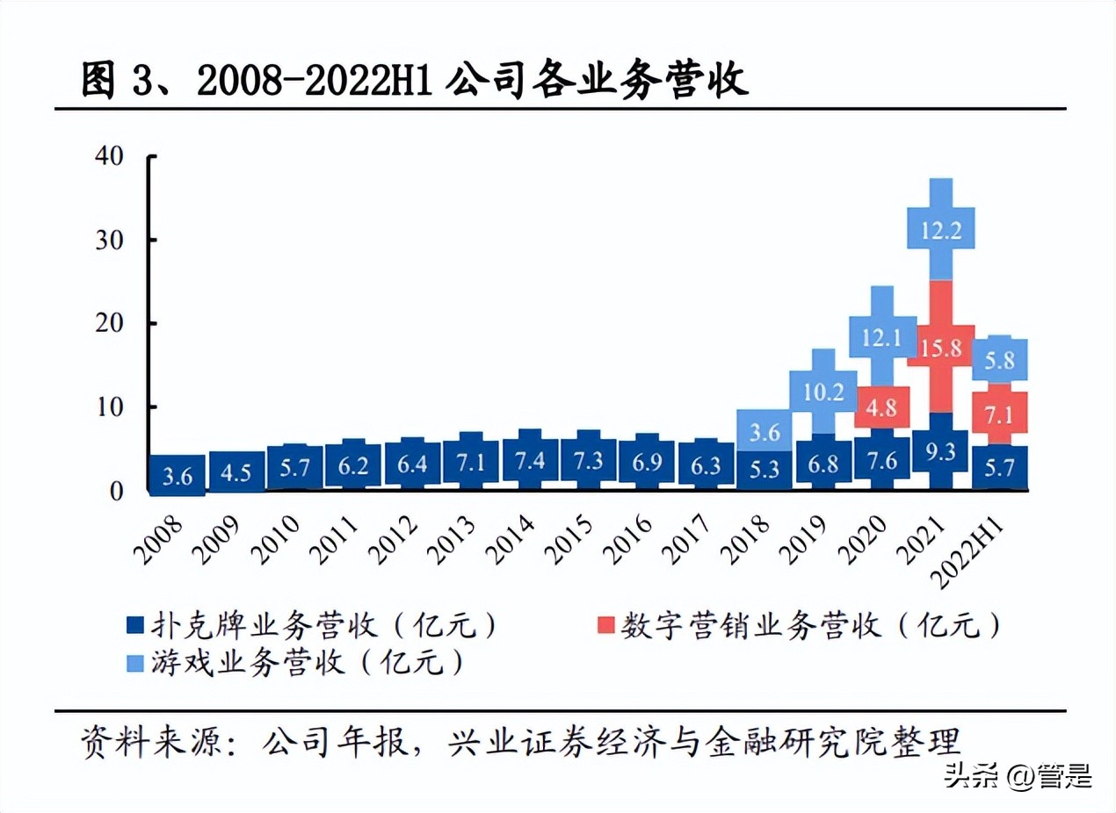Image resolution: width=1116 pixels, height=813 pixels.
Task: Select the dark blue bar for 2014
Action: (530, 460)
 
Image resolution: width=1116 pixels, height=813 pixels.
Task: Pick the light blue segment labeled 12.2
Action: (941, 230)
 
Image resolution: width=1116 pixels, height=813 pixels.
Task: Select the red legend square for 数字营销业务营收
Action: (605, 626)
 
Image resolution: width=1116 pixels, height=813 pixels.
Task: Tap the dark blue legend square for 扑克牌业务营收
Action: (134, 626)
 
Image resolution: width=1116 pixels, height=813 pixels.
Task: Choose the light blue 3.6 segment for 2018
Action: (765, 432)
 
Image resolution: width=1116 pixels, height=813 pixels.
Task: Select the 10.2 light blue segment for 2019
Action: (823, 392)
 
